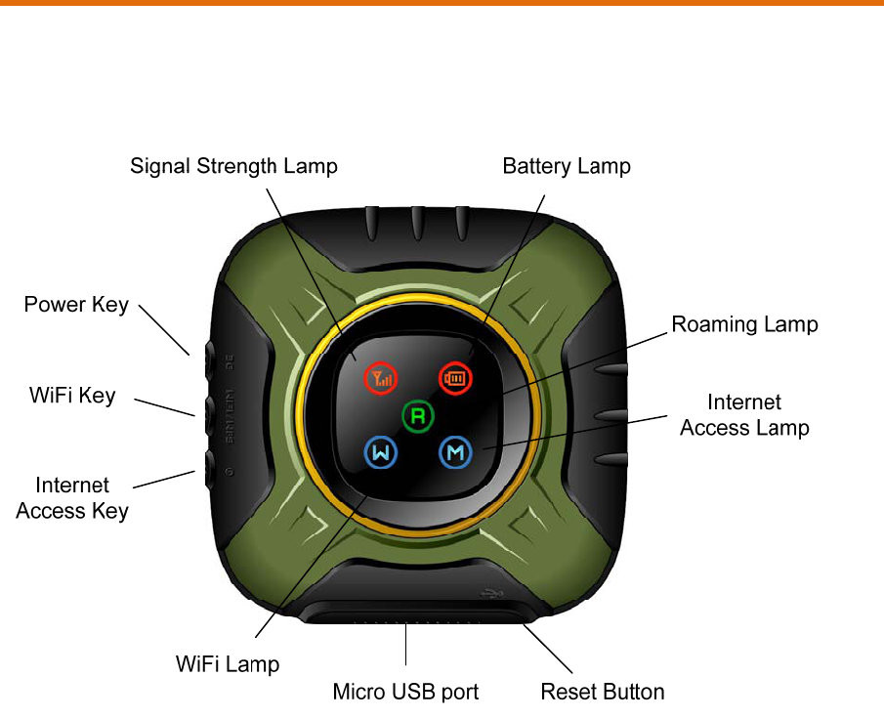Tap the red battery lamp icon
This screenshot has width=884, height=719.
point(454,377)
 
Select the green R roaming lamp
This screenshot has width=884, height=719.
point(417,415)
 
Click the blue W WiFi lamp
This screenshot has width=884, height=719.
point(381,452)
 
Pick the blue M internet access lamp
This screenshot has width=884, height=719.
point(454,452)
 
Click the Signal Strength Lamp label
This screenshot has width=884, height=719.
point(233,166)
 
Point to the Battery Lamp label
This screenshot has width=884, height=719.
point(567,166)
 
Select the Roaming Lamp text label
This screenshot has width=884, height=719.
point(744,324)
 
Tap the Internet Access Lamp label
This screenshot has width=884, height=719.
point(744,414)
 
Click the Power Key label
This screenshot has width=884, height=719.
point(76,305)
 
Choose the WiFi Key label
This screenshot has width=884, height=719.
point(71,396)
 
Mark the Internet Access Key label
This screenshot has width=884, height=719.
point(72,497)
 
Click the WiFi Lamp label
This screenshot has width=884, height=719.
point(228,664)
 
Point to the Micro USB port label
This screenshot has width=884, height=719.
point(405,692)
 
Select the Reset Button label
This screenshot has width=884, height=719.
point(603,692)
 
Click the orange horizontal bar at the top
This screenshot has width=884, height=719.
point(442,3)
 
